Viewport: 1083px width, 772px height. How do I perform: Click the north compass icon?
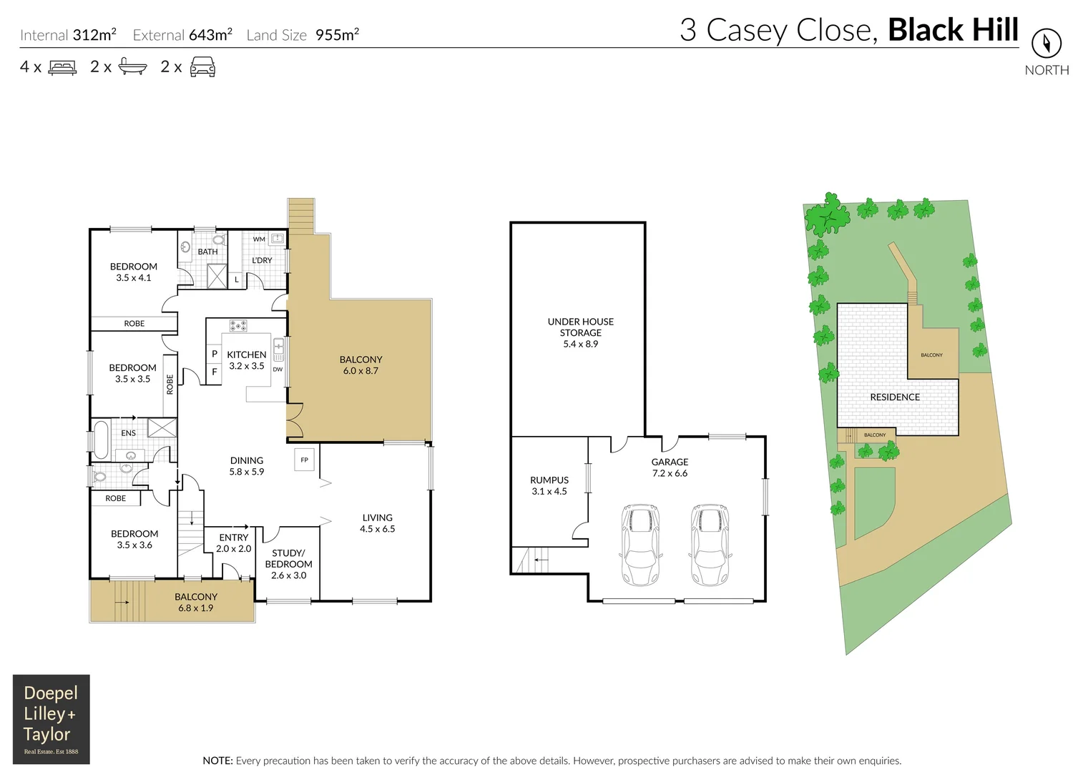(x=1046, y=44)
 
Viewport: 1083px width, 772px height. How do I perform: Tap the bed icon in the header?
(x=62, y=67)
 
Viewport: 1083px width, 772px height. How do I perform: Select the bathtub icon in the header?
(x=132, y=67)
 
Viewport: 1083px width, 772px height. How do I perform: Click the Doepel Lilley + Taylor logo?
(x=52, y=719)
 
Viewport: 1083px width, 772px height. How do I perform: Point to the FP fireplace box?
(x=304, y=460)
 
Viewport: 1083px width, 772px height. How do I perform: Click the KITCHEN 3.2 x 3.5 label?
(x=246, y=360)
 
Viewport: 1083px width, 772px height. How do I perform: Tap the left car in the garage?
(x=640, y=545)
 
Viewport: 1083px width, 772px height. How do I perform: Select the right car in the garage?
(x=710, y=545)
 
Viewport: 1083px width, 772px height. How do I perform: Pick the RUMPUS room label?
(x=549, y=485)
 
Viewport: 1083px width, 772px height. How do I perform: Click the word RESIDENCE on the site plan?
(x=895, y=397)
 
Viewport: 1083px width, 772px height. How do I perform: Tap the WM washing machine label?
(x=259, y=239)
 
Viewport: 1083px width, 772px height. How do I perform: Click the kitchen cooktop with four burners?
(x=238, y=326)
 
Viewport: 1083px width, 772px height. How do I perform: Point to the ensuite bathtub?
(x=100, y=440)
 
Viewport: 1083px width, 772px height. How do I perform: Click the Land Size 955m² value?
(x=337, y=35)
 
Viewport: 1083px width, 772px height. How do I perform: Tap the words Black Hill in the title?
(x=953, y=30)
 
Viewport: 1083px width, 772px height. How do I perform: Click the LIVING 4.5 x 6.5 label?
(x=377, y=523)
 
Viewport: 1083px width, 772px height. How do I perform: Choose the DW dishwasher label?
(x=278, y=370)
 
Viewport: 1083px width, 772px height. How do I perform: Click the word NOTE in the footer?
(x=217, y=761)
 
